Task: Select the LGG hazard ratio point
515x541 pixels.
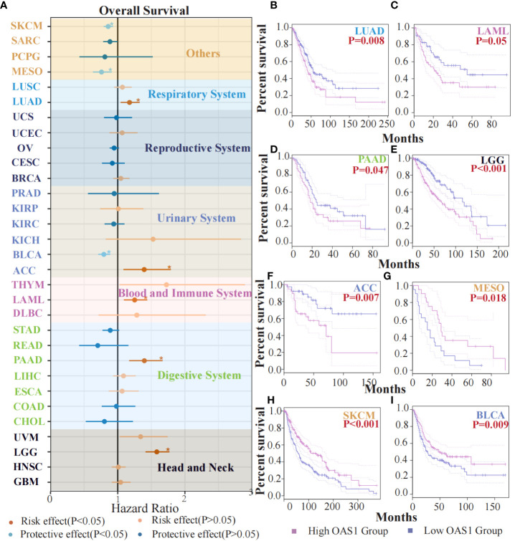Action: (157, 451)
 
